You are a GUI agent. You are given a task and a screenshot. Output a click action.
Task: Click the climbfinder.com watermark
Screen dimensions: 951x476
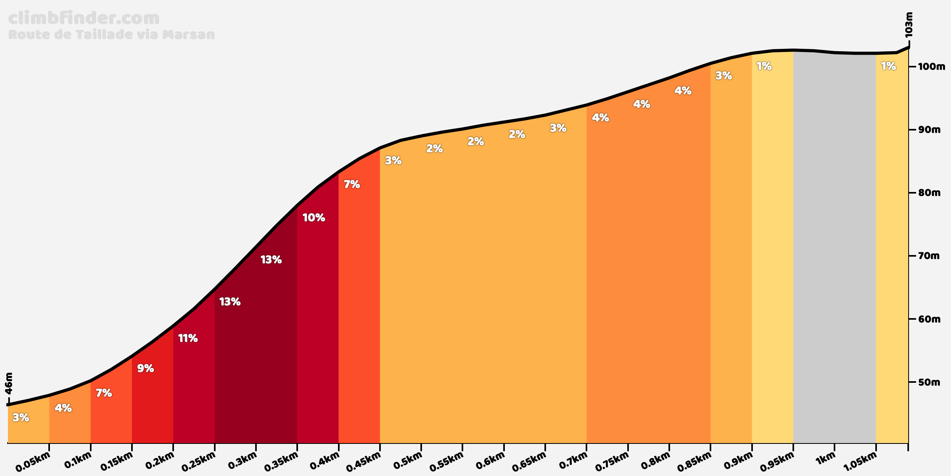point(84,19)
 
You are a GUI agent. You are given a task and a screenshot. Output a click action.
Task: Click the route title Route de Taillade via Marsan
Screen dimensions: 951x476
point(111,35)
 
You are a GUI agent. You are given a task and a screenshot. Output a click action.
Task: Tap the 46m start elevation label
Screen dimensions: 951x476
point(9,383)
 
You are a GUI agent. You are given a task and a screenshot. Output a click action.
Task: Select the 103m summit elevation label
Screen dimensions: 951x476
point(909,25)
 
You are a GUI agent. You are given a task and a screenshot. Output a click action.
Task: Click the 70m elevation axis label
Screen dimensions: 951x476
point(929,256)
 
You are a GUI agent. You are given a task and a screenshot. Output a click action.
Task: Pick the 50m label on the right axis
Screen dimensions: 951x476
point(929,382)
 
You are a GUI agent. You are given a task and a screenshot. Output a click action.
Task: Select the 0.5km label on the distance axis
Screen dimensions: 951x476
point(408,461)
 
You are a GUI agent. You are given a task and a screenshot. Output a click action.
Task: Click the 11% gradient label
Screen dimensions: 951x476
point(188,338)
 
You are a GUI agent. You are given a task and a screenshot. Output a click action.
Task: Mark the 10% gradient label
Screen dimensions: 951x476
point(314,218)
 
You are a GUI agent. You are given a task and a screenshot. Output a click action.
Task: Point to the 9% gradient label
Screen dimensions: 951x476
point(145,369)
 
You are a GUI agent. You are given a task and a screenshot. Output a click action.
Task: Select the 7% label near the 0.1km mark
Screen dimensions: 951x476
point(104,393)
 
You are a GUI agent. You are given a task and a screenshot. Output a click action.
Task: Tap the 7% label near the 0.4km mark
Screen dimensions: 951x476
point(352,184)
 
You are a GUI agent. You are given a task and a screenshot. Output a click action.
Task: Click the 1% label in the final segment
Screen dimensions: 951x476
point(888,66)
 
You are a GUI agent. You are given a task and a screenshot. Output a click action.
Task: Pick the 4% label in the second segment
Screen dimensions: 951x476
point(63,408)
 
